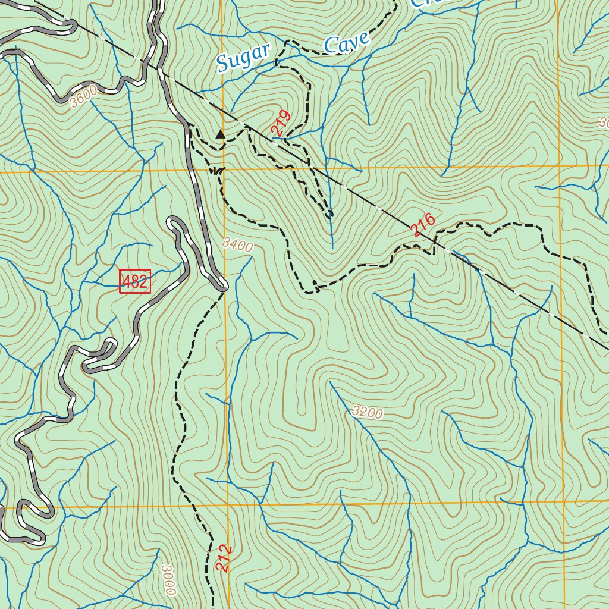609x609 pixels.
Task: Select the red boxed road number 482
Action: click(x=135, y=281)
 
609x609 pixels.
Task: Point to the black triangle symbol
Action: click(x=221, y=134)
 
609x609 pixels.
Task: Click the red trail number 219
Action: click(x=281, y=123)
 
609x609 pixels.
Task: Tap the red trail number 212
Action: click(x=222, y=558)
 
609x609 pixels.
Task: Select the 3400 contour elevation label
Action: click(x=238, y=244)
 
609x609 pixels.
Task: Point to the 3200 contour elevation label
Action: click(x=367, y=412)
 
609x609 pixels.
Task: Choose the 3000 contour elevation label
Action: click(x=169, y=579)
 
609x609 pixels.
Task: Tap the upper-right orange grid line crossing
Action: click(x=560, y=165)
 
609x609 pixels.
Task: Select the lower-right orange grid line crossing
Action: click(x=563, y=503)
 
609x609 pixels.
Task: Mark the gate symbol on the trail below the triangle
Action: click(x=217, y=171)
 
